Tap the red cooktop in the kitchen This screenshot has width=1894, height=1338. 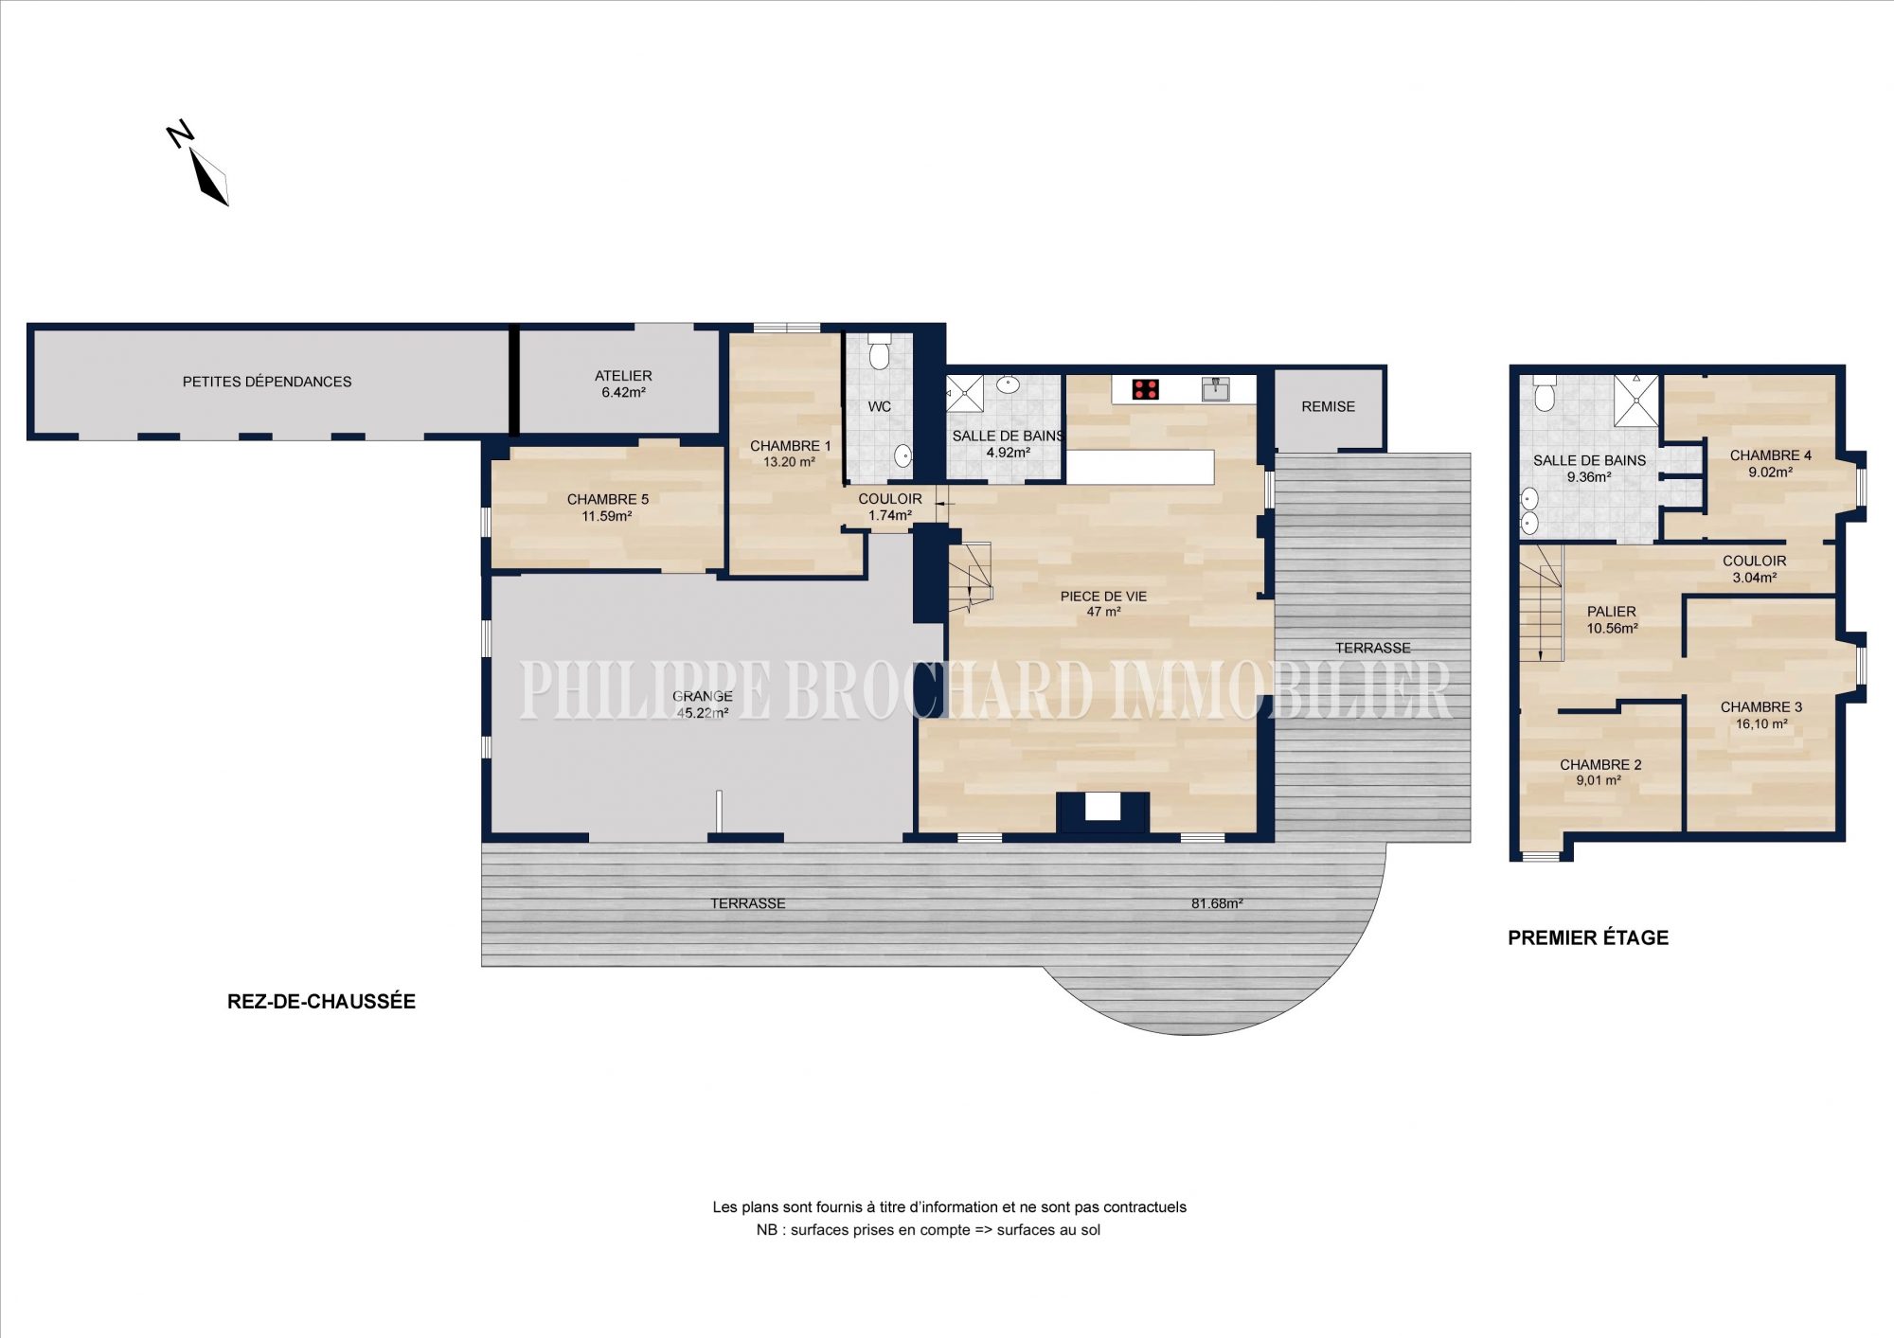click(x=1146, y=389)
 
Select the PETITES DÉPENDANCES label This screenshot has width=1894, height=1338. click(x=267, y=382)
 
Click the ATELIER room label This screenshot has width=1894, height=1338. click(x=623, y=376)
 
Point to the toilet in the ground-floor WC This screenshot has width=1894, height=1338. click(x=880, y=351)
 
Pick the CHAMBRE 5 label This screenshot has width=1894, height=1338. click(x=608, y=499)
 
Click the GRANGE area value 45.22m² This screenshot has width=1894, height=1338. click(x=703, y=713)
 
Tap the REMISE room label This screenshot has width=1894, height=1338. click(x=1328, y=406)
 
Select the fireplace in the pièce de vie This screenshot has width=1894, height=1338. click(x=1102, y=812)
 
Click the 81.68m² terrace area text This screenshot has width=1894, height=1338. click(x=1217, y=903)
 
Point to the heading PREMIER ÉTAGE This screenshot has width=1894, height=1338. click(x=1588, y=937)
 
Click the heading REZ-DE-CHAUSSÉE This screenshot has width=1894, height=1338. click(x=321, y=1001)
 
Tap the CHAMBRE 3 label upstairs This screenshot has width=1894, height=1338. click(x=1761, y=707)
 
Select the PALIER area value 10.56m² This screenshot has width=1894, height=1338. click(x=1612, y=628)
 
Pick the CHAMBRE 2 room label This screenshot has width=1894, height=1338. click(x=1600, y=764)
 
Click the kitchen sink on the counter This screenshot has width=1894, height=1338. click(x=1215, y=388)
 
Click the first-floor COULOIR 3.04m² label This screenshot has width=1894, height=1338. click(x=1754, y=569)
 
